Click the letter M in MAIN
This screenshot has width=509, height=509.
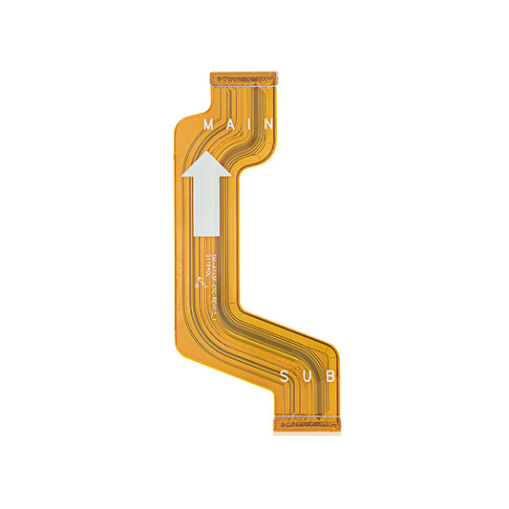[208, 124]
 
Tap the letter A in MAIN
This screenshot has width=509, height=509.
[230, 124]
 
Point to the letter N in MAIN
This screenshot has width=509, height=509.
[268, 124]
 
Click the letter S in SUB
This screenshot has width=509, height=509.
[286, 376]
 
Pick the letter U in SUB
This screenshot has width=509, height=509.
[308, 376]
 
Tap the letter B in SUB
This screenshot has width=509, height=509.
[329, 376]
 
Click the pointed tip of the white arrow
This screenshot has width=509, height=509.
[205, 154]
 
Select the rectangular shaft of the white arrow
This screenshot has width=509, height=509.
[208, 205]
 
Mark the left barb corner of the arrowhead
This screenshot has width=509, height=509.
[182, 178]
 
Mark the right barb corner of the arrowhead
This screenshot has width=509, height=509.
[231, 178]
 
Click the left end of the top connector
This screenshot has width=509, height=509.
[211, 74]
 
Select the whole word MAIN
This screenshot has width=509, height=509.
[239, 124]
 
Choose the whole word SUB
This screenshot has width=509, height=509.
[308, 376]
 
